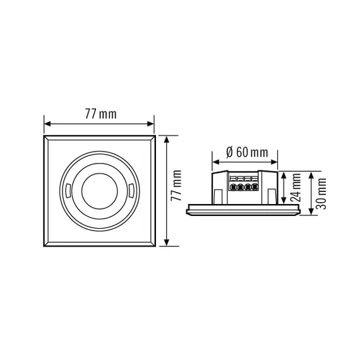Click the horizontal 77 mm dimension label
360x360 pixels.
100,114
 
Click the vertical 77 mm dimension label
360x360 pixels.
176,190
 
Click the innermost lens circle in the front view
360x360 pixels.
99,190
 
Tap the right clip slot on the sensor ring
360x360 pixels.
130,190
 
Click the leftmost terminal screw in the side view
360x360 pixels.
235,188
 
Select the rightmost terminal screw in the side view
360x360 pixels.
255,188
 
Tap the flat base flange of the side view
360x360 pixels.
245,208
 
